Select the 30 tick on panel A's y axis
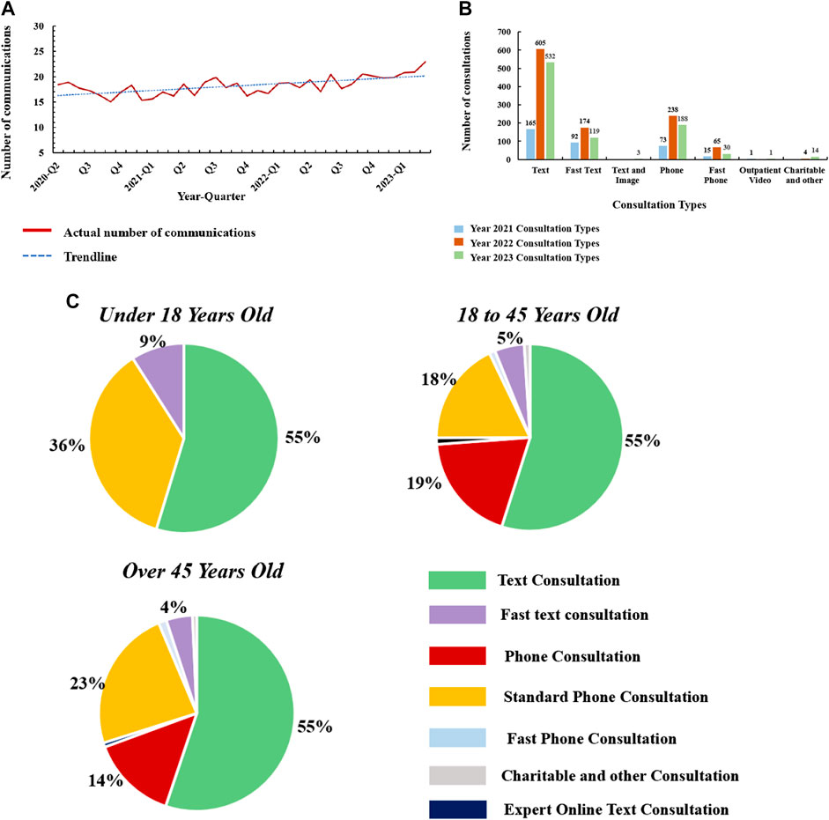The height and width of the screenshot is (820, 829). click(x=37, y=26)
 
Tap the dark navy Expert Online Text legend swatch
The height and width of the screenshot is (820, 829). click(x=456, y=809)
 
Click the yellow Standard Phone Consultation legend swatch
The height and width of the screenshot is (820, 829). click(x=456, y=697)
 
